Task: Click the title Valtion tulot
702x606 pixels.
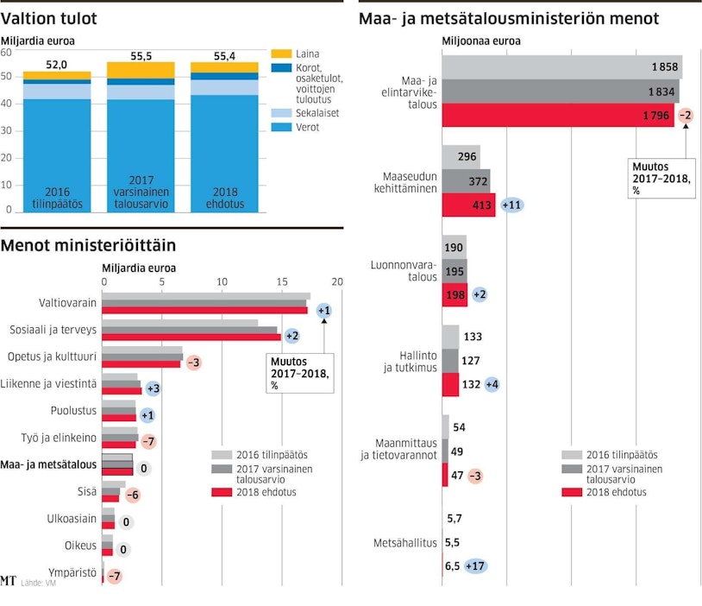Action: tap(48, 18)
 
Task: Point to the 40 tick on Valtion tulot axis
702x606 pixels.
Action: tap(7, 104)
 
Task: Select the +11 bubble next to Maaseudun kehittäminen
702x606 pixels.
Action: tap(512, 205)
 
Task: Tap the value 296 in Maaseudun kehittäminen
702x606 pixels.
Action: tap(468, 157)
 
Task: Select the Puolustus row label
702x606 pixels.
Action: tap(72, 412)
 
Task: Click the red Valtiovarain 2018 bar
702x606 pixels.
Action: tap(204, 311)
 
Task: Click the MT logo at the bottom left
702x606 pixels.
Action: tap(9, 581)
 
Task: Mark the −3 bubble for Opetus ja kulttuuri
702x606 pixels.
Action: tap(193, 363)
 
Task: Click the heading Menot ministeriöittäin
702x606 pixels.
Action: tap(88, 246)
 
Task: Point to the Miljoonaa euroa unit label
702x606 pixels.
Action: tap(482, 41)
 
